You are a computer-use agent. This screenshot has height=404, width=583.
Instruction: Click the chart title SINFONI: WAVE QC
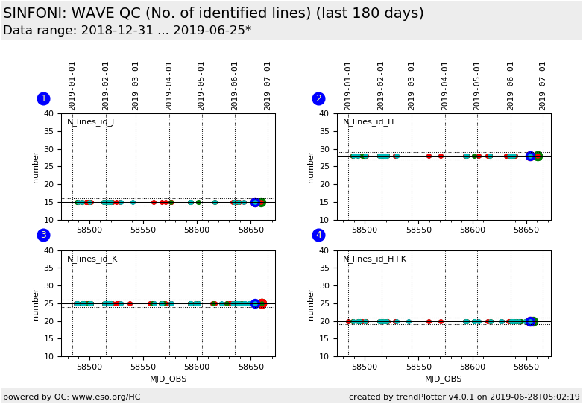pyautogui.click(x=213, y=13)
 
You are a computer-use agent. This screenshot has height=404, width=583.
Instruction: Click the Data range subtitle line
pyautogui.click(x=127, y=31)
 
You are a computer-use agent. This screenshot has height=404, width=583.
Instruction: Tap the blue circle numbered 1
pyautogui.click(x=43, y=98)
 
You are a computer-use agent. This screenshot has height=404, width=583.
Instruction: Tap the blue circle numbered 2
pyautogui.click(x=318, y=98)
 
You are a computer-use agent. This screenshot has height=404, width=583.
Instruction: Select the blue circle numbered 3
pyautogui.click(x=43, y=235)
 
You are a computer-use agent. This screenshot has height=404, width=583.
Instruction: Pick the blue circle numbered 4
pyautogui.click(x=318, y=235)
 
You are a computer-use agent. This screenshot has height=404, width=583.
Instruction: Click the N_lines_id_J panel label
pyautogui.click(x=90, y=122)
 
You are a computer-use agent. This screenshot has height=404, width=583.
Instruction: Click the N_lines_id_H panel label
pyautogui.click(x=368, y=122)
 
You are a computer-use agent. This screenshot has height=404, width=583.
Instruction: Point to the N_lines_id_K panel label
pyautogui.click(x=91, y=259)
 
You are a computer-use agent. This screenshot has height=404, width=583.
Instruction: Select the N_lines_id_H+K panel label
pyautogui.click(x=374, y=259)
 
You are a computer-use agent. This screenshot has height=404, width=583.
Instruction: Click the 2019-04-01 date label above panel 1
pyautogui.click(x=169, y=86)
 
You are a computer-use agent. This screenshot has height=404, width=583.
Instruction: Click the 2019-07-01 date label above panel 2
pyautogui.click(x=543, y=86)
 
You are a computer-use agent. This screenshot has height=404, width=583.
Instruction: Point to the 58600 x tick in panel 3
pyautogui.click(x=198, y=367)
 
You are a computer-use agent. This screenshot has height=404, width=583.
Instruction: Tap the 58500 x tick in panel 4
pyautogui.click(x=365, y=367)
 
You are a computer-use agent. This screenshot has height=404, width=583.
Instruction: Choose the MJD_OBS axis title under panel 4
pyautogui.click(x=444, y=379)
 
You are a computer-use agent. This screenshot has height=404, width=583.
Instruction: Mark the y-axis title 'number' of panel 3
pyautogui.click(x=36, y=303)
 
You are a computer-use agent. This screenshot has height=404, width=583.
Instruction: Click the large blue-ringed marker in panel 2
pyautogui.click(x=530, y=156)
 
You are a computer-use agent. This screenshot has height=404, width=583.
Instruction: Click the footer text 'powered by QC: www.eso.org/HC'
pyautogui.click(x=72, y=397)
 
